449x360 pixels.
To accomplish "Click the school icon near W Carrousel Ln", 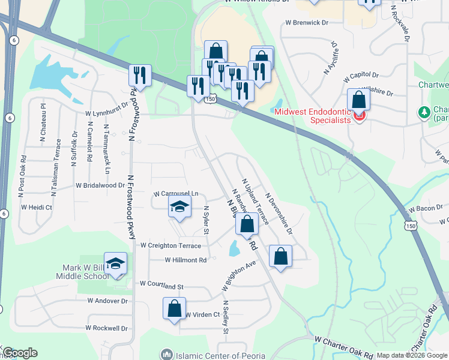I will click(179, 208).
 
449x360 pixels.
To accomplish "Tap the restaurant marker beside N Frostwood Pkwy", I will click(140, 76).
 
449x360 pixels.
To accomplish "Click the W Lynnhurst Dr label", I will click(107, 112).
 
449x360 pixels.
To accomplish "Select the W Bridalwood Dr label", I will click(100, 185).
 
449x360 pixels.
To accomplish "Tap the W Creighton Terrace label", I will click(170, 245).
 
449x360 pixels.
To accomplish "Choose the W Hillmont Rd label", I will click(185, 260).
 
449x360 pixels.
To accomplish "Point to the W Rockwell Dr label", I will click(107, 328).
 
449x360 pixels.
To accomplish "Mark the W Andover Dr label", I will click(107, 300).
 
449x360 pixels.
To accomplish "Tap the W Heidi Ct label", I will click(37, 207).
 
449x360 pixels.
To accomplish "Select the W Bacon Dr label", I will click(424, 208).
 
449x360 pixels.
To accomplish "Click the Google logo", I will click(20, 353).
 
